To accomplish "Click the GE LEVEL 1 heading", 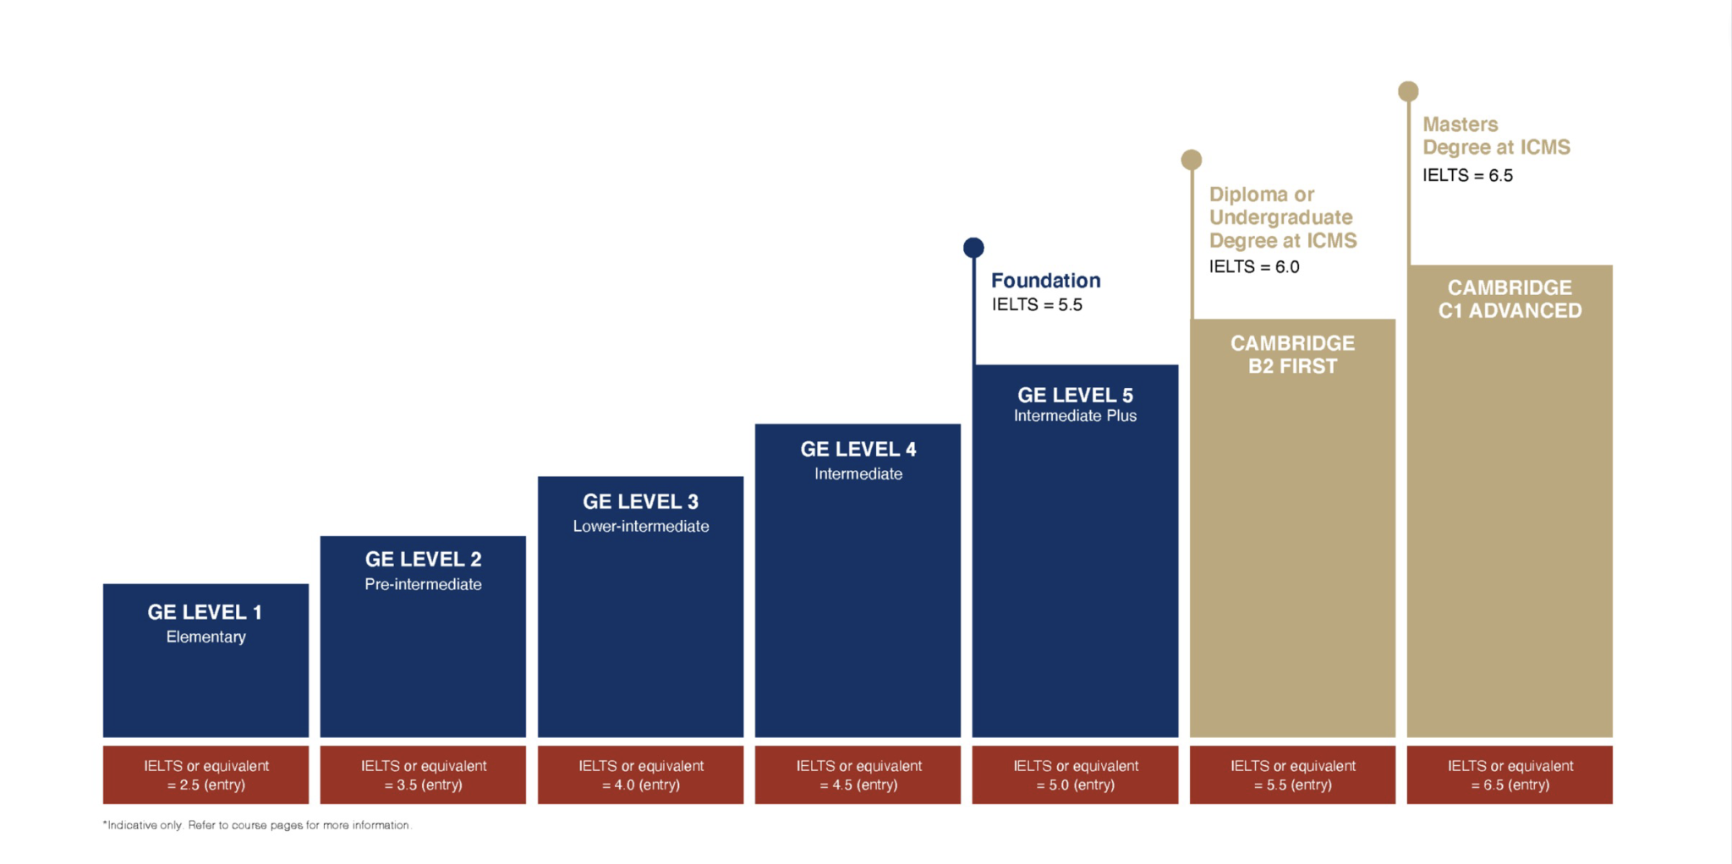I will pos(205,612).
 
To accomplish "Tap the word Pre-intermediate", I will pos(423,584).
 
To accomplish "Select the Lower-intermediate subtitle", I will pos(640,526).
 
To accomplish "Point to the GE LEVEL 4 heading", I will pos(858,449).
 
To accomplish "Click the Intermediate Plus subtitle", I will pos(1075,416).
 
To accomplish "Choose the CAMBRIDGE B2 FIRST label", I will pos(1292,354).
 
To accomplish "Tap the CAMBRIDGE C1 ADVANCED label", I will pos(1510,299).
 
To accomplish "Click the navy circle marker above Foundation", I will pos(973,248).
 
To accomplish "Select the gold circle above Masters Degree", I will pos(1408,91).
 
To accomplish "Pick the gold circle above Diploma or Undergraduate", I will pos(1192,160).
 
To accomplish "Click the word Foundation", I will pos(1045,281).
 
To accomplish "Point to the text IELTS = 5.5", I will pos(1037,305).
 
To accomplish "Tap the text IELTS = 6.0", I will pos(1254,267).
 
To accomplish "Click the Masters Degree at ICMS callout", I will pos(1495,136).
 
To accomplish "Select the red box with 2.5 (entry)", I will pos(206,774).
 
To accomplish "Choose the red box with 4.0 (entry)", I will pos(640,774).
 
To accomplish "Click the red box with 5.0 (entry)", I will pos(1075,774).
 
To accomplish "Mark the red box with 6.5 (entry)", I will pos(1510,774).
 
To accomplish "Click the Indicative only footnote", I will pos(257,825).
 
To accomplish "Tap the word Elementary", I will pos(206,637).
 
